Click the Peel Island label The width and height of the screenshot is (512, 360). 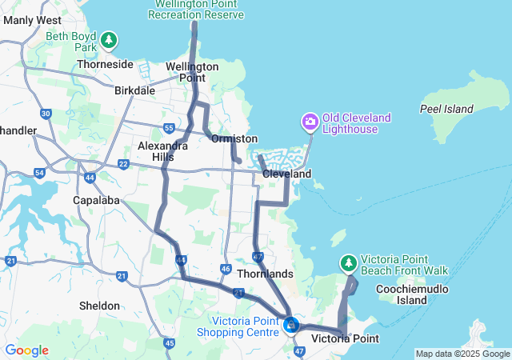pyautogui.click(x=447, y=109)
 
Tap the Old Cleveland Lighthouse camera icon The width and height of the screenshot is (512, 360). pyautogui.click(x=310, y=122)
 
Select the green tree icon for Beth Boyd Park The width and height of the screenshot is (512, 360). pyautogui.click(x=108, y=39)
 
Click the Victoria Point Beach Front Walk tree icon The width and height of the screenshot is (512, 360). pyautogui.click(x=349, y=262)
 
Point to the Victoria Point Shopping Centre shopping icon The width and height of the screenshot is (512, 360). pyautogui.click(x=291, y=325)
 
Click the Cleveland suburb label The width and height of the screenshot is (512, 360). pyautogui.click(x=286, y=174)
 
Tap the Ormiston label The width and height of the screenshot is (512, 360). pyautogui.click(x=234, y=139)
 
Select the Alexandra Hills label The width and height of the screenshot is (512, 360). pyautogui.click(x=162, y=151)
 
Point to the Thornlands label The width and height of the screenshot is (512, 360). pyautogui.click(x=265, y=274)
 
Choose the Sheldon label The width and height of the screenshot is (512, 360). pyautogui.click(x=100, y=306)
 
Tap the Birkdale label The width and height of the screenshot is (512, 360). pyautogui.click(x=134, y=91)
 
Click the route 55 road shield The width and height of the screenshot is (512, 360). pyautogui.click(x=169, y=128)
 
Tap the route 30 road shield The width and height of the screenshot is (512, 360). pyautogui.click(x=46, y=115)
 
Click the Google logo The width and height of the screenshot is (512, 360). pyautogui.click(x=27, y=350)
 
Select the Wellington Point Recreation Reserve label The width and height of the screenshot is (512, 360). pyautogui.click(x=196, y=10)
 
